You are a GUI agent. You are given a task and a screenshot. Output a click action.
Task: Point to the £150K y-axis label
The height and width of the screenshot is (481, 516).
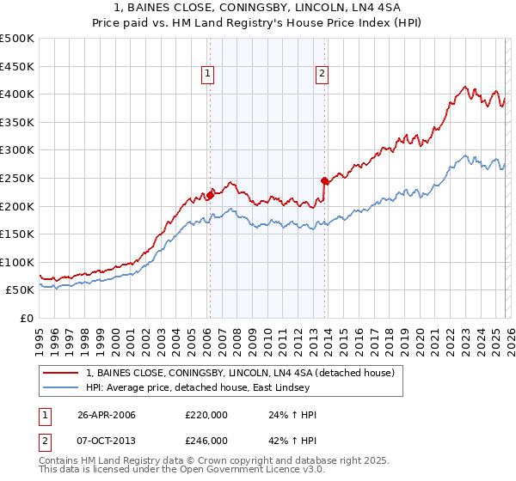(x=17, y=234)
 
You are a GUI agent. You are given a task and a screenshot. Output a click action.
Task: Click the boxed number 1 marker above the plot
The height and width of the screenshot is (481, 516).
(x=209, y=75)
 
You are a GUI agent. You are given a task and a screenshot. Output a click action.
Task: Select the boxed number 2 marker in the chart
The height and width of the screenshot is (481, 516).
(x=322, y=75)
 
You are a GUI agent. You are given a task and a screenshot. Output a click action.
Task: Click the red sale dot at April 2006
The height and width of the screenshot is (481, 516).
(x=210, y=195)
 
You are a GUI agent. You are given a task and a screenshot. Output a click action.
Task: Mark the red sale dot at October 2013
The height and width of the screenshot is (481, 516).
(x=324, y=180)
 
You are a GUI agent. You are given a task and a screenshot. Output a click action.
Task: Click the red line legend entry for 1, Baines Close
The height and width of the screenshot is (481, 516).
(x=240, y=373)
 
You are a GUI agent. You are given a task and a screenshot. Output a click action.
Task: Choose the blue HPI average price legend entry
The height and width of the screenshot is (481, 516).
(x=215, y=387)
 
